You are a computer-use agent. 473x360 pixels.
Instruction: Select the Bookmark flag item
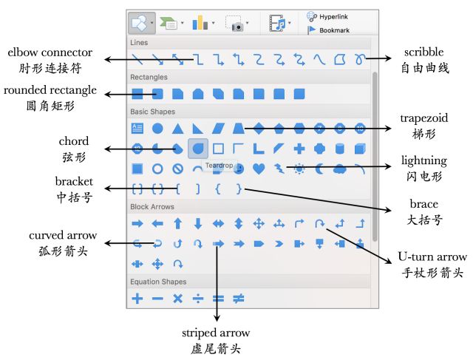[329, 30]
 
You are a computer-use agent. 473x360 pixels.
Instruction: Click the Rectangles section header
[149, 77]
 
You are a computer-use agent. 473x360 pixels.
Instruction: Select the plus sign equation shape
[137, 299]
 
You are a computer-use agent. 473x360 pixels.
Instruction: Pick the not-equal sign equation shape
[239, 299]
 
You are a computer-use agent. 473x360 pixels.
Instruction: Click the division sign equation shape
[198, 299]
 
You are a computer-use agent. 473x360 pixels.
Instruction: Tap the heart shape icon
[259, 169]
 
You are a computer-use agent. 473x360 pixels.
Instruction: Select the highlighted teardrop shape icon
[198, 149]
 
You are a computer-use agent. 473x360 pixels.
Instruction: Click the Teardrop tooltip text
[219, 164]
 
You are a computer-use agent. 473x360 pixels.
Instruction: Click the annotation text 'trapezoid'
[423, 118]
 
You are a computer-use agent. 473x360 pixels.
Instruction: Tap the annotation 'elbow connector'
[50, 52]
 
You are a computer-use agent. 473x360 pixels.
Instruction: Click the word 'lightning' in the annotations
[424, 160]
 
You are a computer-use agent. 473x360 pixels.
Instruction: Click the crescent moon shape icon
[319, 169]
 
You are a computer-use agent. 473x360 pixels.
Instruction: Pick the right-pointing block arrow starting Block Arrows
[137, 223]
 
